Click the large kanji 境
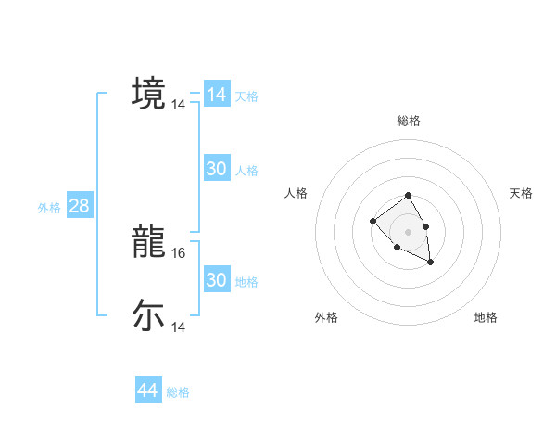[x=148, y=93]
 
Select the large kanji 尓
[x=148, y=315]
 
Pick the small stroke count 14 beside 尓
[x=179, y=327]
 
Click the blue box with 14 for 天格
[x=217, y=95]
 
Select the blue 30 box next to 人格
[x=217, y=169]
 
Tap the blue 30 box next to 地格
[x=217, y=280]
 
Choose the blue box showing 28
[x=79, y=206]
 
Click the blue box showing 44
[x=147, y=391]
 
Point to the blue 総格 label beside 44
[x=178, y=392]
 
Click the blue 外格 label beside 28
[x=49, y=208]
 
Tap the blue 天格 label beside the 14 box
[x=246, y=96]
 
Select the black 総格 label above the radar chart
[x=408, y=121]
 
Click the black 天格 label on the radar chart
[x=521, y=193]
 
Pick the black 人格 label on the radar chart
[x=297, y=193]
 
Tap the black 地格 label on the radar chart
[x=486, y=317]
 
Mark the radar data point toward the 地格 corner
[x=430, y=263]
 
